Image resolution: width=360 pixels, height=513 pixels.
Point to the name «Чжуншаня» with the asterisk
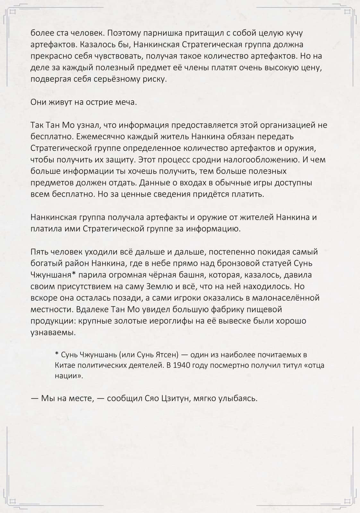(55, 275)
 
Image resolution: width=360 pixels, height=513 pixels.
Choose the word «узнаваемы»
(53, 332)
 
